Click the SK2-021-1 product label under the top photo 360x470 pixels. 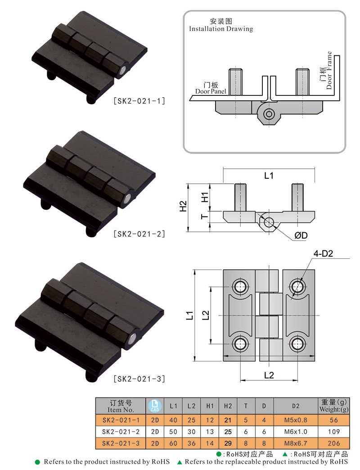(x=139, y=101)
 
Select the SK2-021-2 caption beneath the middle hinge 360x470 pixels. (x=139, y=234)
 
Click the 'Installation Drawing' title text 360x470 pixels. (x=220, y=29)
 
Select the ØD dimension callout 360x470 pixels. (x=301, y=236)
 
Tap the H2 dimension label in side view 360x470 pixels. (x=183, y=206)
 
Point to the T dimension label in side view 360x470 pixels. (x=204, y=217)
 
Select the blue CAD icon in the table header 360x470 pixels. (x=154, y=406)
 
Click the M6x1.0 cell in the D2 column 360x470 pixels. (x=295, y=431)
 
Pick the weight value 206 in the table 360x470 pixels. (x=333, y=443)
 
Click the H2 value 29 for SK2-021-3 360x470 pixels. (x=228, y=443)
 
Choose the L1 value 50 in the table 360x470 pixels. (x=173, y=431)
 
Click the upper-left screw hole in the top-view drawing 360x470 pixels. (x=239, y=285)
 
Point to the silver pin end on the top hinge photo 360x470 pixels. (x=123, y=70)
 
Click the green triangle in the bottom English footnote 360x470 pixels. (x=180, y=462)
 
